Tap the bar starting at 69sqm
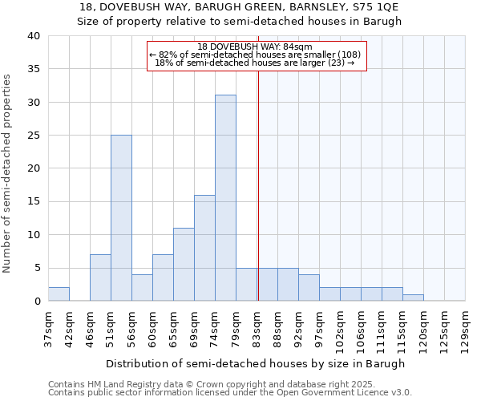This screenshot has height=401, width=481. click(204, 248)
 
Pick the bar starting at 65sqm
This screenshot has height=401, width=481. click(184, 265)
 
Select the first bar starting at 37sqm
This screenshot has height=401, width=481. click(59, 294)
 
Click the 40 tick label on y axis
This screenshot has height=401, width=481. click(33, 36)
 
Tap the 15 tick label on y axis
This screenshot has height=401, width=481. click(33, 201)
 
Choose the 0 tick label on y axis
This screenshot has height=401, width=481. click(36, 302)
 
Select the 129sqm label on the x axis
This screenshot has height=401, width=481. click(465, 328)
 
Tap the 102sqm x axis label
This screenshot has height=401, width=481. click(340, 328)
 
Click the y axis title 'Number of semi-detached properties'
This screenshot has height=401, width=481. click(8, 172)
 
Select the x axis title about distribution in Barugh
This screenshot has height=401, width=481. click(255, 363)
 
